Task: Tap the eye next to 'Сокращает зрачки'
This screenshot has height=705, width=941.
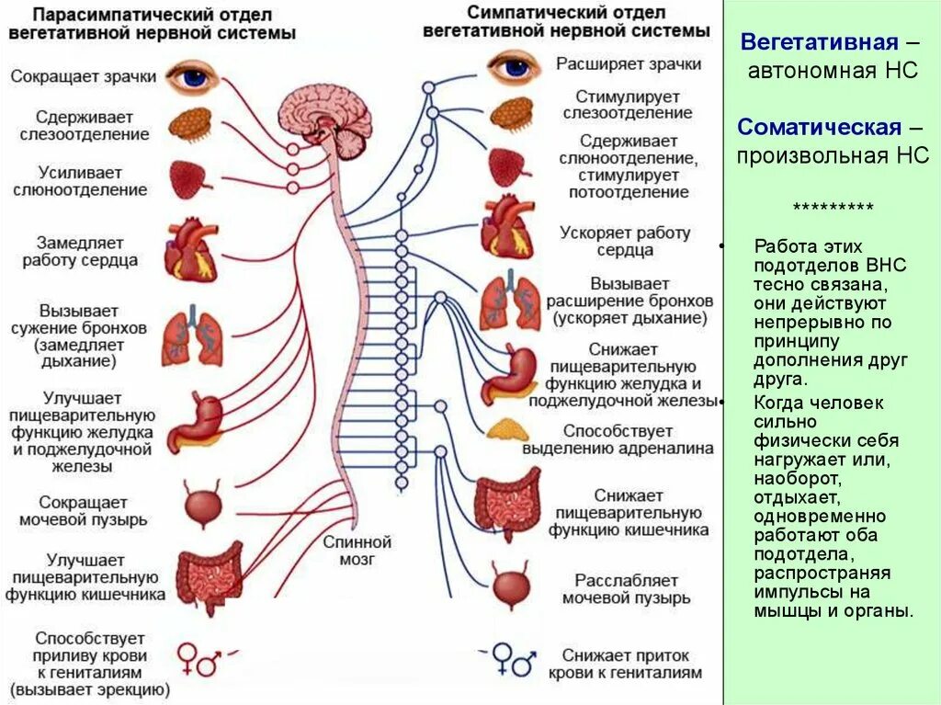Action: (193, 76)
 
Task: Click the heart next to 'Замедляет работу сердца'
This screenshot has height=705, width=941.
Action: (190, 248)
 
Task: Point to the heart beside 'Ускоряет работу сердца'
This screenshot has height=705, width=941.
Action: (506, 226)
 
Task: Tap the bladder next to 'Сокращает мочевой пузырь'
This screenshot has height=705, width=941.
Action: (198, 504)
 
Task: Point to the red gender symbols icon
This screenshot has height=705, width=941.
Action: (198, 659)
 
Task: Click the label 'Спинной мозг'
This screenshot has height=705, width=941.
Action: (357, 550)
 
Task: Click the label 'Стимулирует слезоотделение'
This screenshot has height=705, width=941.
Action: (628, 104)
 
